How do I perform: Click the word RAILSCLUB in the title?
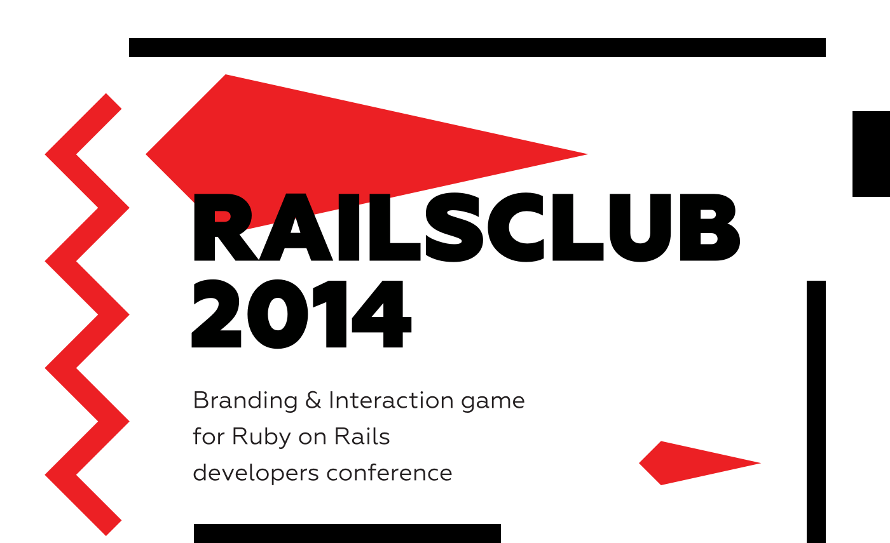click(466, 227)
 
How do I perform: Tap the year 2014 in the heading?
click(301, 314)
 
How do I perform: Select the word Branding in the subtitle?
click(245, 401)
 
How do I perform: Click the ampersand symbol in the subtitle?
click(313, 399)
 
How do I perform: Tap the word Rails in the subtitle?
click(362, 436)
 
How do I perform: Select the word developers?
click(256, 474)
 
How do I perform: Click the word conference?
click(389, 473)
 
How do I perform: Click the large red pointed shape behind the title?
click(357, 151)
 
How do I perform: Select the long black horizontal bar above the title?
click(477, 48)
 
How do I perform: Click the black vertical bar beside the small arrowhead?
click(816, 412)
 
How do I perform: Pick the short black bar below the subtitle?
click(347, 533)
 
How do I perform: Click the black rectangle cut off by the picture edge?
click(871, 154)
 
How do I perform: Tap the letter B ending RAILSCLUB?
click(710, 227)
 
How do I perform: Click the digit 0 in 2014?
click(278, 314)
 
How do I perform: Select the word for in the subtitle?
click(209, 436)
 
